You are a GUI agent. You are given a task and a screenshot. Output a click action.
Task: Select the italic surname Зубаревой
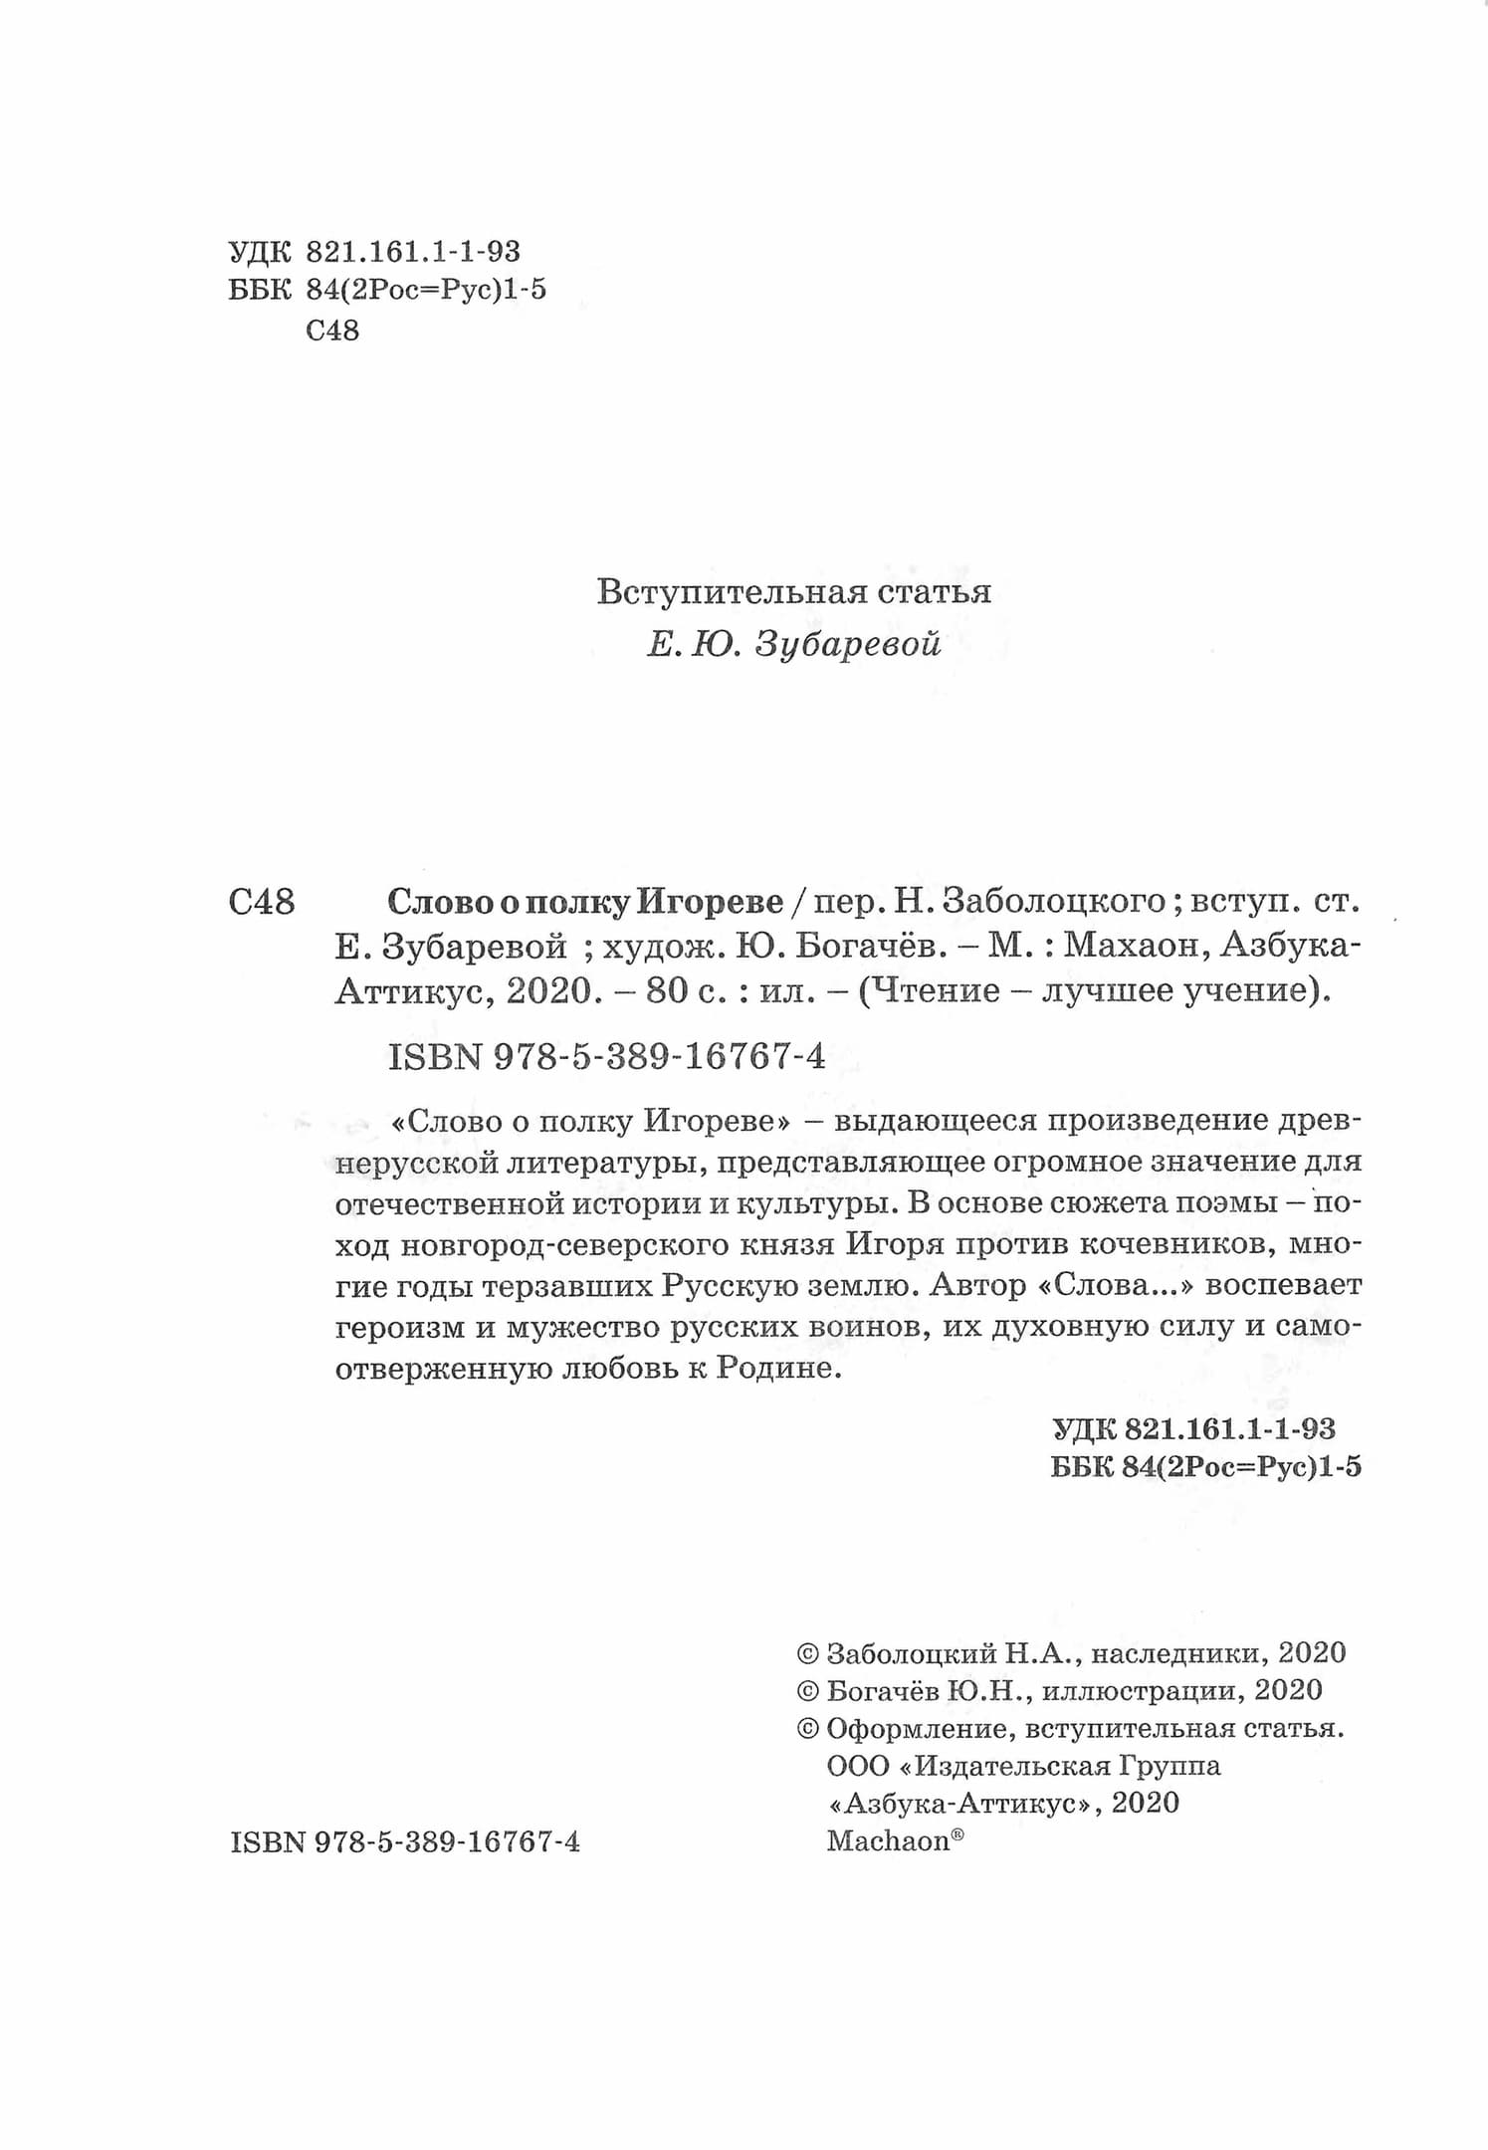pyautogui.click(x=848, y=645)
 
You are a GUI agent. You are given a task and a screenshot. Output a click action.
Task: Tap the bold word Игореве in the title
pyautogui.click(x=710, y=902)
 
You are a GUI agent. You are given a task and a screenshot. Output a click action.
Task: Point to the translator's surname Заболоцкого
pyautogui.click(x=1053, y=902)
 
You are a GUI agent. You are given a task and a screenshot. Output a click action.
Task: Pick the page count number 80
pyautogui.click(x=669, y=991)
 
